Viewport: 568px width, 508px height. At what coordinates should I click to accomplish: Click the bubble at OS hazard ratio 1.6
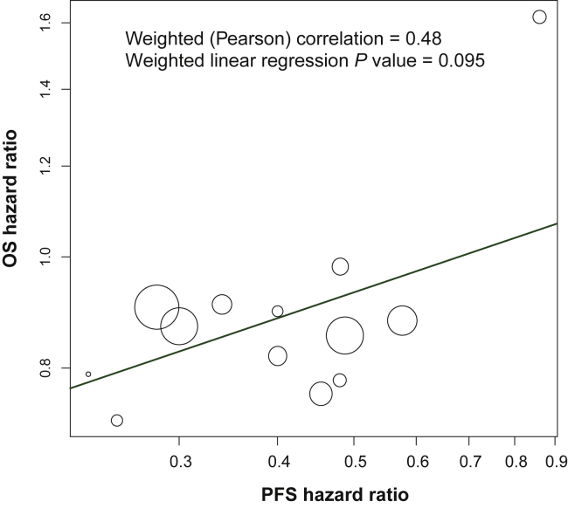pyautogui.click(x=539, y=17)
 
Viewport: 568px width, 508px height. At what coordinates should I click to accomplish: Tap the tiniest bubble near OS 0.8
pyautogui.click(x=88, y=374)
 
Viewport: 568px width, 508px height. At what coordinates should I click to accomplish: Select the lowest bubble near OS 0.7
pyautogui.click(x=117, y=420)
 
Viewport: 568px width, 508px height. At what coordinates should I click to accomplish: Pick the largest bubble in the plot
pyautogui.click(x=156, y=306)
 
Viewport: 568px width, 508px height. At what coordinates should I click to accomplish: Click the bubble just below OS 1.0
pyautogui.click(x=340, y=266)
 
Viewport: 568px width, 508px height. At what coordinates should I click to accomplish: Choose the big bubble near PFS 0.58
pyautogui.click(x=402, y=320)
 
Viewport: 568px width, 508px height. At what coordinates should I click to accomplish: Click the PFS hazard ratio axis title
pyautogui.click(x=335, y=494)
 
